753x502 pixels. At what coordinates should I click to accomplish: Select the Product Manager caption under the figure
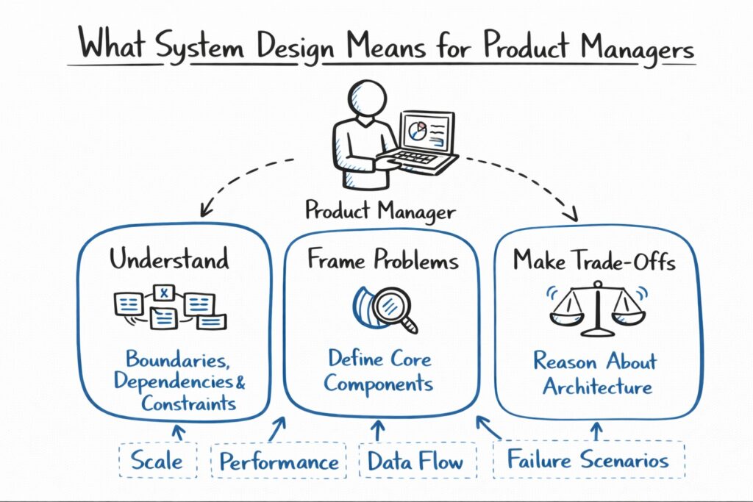[x=379, y=212]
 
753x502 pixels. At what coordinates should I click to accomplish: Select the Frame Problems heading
[x=382, y=260]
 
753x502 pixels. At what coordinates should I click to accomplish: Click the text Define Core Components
[x=379, y=372]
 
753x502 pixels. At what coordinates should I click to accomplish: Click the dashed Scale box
[x=157, y=461]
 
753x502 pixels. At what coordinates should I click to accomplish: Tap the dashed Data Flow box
[x=415, y=462]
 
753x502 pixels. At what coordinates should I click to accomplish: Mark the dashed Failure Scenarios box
[x=588, y=461]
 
